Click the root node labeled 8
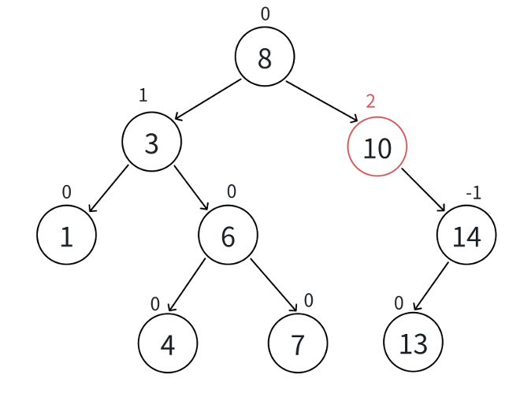pyautogui.click(x=265, y=57)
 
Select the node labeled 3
pyautogui.click(x=152, y=142)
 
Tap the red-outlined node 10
pyautogui.click(x=377, y=147)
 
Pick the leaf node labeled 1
pyautogui.click(x=66, y=236)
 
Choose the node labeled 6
pyautogui.click(x=228, y=235)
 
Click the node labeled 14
pyautogui.click(x=466, y=235)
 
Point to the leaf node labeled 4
pyautogui.click(x=167, y=343)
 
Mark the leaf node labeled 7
pyautogui.click(x=297, y=343)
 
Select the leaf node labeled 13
pyautogui.click(x=413, y=343)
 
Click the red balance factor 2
pyautogui.click(x=370, y=101)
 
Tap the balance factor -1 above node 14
pyautogui.click(x=473, y=193)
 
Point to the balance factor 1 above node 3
pyautogui.click(x=143, y=95)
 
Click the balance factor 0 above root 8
pyautogui.click(x=265, y=13)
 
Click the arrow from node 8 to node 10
pyautogui.click(x=321, y=102)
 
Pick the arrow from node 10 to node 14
pyautogui.click(x=423, y=190)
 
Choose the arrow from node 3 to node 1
pyautogui.click(x=108, y=189)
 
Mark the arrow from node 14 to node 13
pyautogui.click(x=431, y=286)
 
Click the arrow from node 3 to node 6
pyautogui.click(x=191, y=188)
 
